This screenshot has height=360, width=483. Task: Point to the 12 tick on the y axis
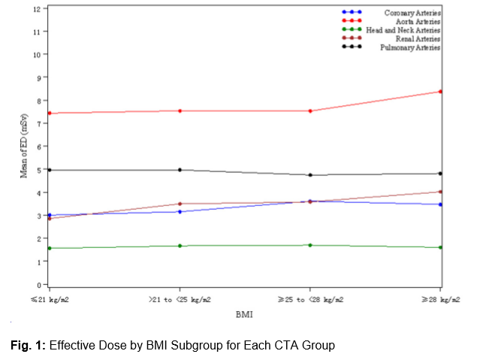point(37,9)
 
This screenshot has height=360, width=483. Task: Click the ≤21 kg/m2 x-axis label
point(49,299)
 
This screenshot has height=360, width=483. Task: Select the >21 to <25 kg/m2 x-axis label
point(180,299)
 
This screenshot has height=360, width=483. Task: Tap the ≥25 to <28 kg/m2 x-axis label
point(310,299)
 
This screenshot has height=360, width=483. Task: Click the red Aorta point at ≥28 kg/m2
point(440,92)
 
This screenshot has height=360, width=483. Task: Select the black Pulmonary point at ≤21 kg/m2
point(50,170)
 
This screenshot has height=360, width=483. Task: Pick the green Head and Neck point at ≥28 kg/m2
point(440,247)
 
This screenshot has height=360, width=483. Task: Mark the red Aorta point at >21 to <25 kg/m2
point(180,110)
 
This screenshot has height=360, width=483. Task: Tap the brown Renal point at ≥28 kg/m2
point(440,192)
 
